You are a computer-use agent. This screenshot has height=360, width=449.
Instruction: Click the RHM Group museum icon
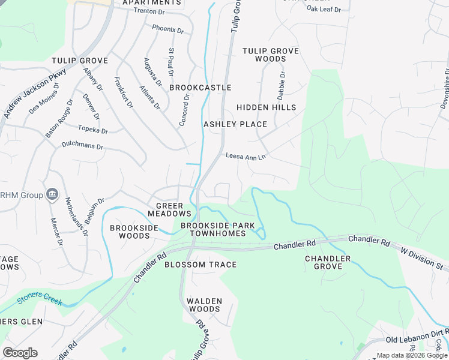pos(52,194)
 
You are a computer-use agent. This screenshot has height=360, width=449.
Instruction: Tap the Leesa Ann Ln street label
pos(246,156)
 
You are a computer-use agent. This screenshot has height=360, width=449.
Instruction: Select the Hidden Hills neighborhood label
pos(266,107)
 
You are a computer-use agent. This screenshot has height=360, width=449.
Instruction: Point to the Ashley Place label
pos(235,124)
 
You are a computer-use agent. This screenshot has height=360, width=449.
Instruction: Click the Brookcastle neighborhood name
pos(200,88)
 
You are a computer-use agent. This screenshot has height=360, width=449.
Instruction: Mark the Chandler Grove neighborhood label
pos(327,263)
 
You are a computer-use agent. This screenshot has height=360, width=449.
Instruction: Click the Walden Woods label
pos(204,305)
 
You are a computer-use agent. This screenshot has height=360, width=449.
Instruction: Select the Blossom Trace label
pos(200,265)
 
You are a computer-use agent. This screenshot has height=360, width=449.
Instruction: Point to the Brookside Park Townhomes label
pos(214,229)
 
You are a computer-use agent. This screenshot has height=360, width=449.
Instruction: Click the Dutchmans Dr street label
pos(83,146)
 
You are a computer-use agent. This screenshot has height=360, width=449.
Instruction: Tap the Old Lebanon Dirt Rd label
pos(417,340)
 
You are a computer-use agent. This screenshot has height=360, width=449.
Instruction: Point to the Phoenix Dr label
pos(167,28)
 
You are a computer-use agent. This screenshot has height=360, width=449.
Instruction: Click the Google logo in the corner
pos(19,352)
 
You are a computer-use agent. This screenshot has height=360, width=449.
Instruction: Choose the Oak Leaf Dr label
pos(324,9)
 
